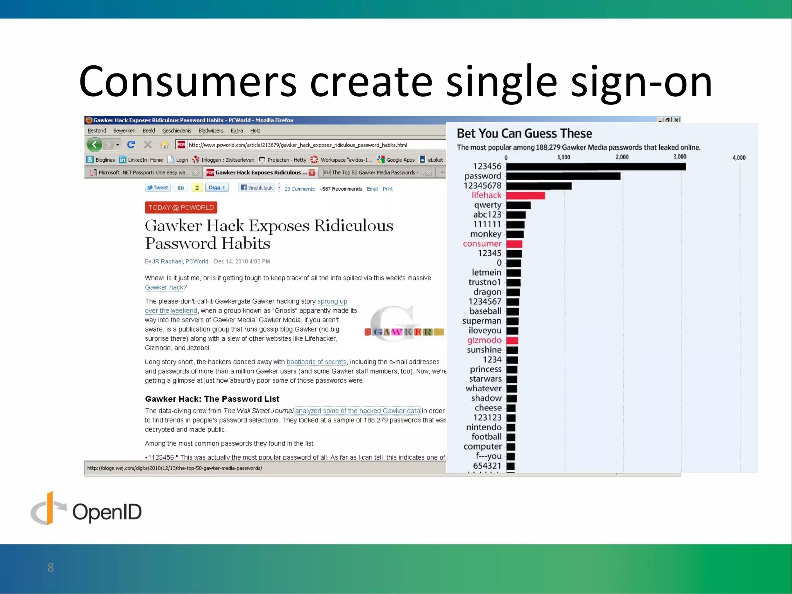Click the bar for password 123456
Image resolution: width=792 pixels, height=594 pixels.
tap(596, 167)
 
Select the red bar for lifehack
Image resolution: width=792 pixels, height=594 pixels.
tap(525, 196)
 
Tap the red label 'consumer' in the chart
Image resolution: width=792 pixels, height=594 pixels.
tap(482, 244)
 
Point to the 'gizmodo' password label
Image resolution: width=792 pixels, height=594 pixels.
tap(484, 340)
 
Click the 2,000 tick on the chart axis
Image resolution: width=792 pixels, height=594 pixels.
tap(622, 157)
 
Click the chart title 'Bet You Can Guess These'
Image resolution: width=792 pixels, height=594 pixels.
tap(524, 133)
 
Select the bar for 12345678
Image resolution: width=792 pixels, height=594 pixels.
tap(539, 186)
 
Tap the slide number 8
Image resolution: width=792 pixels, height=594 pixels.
tap(51, 567)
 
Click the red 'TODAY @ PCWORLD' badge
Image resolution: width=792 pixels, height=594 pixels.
tap(181, 208)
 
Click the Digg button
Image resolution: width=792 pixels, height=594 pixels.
tap(217, 188)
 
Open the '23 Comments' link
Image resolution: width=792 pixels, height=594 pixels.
tap(299, 189)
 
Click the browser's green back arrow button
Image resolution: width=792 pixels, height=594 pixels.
tap(94, 145)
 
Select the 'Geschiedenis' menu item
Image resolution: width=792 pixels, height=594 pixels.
tap(177, 131)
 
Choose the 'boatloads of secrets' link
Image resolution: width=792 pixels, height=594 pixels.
tap(316, 362)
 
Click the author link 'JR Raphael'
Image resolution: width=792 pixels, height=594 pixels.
tap(167, 261)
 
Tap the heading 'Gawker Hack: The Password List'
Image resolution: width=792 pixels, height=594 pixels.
tap(212, 399)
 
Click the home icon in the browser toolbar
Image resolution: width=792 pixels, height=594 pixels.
tap(165, 145)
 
